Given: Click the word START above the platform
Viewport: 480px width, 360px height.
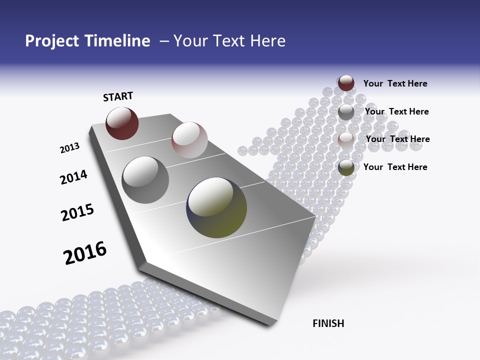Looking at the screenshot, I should pos(118,96).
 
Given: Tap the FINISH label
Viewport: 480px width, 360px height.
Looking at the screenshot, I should pos(328,323).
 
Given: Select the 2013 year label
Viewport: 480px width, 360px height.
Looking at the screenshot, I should pos(70,147).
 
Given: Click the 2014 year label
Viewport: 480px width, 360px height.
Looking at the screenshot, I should pos(74,177).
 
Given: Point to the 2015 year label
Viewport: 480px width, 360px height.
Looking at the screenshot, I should pos(77,212).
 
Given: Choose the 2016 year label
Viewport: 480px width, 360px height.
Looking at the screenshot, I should pos(85,252).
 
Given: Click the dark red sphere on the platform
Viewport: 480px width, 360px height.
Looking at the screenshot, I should pos(122,123).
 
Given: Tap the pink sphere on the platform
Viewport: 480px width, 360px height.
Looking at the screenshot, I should pos(189,140).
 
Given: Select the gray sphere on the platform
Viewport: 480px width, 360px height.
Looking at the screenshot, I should pos(145,180).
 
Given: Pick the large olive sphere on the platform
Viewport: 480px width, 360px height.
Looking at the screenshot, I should pos(216,207).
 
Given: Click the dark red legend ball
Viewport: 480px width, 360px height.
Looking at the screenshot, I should pos(346,83).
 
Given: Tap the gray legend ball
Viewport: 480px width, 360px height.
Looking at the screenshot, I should pos(346,112).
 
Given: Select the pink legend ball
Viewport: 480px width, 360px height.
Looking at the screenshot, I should pos(346,140).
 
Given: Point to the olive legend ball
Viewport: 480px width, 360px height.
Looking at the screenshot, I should pos(346,167).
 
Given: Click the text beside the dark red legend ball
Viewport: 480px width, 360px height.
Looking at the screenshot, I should pos(395,83).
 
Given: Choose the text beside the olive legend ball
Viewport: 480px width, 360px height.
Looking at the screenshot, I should pos(395,167).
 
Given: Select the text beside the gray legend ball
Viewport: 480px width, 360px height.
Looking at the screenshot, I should pos(396,111).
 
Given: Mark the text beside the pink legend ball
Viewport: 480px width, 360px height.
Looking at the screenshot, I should pos(397,139).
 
